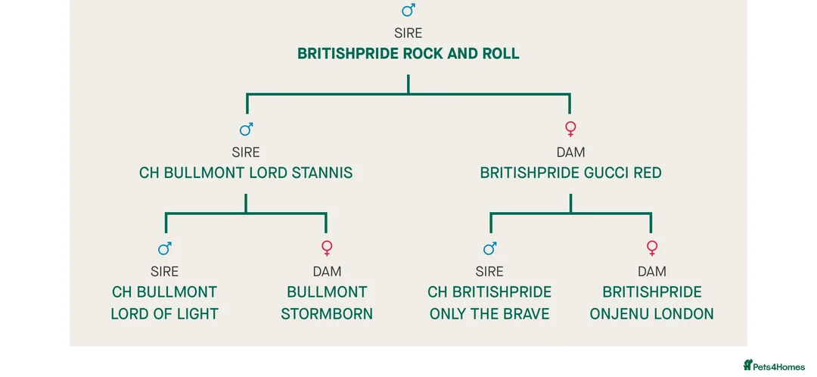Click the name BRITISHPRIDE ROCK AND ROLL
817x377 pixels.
tap(408, 54)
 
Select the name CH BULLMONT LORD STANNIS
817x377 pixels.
tap(246, 173)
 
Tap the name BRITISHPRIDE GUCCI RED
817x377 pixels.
tap(570, 173)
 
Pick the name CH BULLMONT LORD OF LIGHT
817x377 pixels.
tap(164, 303)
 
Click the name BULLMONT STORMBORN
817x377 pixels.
tap(327, 303)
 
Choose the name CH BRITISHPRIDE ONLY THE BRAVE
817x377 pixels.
tap(489, 303)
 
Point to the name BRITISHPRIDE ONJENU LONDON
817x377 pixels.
tap(651, 303)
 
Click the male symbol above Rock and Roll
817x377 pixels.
tap(408, 11)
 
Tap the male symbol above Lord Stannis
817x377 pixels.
tap(246, 129)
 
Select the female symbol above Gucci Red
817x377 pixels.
tap(570, 129)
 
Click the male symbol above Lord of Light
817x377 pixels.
tap(164, 248)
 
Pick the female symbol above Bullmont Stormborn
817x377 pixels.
tap(327, 248)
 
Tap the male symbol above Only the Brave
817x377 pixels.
tap(489, 248)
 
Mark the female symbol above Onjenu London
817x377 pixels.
tap(651, 248)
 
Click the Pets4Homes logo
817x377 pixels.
tap(774, 366)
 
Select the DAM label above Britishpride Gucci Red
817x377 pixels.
tap(570, 152)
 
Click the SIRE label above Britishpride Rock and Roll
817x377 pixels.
tap(408, 33)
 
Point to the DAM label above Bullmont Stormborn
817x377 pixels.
tap(327, 271)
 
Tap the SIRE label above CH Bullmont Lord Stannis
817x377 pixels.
tap(246, 152)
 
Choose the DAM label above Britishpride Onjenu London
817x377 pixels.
tap(651, 271)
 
